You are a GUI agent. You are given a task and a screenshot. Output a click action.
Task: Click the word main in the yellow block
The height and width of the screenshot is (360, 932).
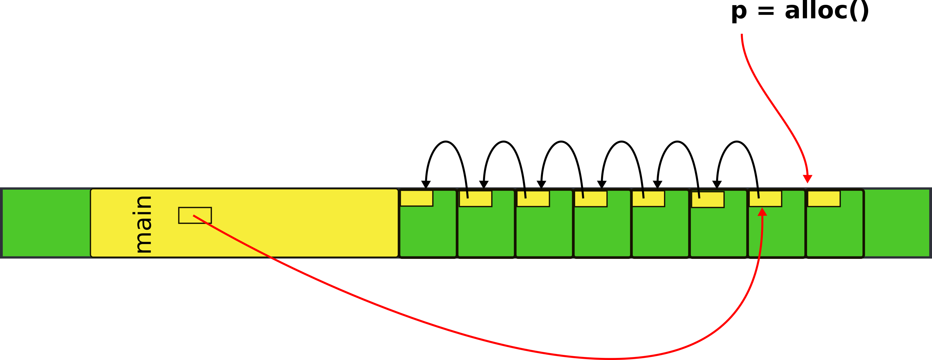[x=143, y=224]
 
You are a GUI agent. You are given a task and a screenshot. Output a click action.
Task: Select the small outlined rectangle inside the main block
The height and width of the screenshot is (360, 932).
[x=195, y=215]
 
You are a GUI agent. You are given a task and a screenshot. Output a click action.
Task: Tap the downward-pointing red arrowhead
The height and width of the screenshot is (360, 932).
[x=808, y=179]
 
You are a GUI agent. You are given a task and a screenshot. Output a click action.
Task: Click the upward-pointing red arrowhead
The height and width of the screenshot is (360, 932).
[x=762, y=212]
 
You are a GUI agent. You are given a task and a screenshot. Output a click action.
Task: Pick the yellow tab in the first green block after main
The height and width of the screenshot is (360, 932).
[x=416, y=198]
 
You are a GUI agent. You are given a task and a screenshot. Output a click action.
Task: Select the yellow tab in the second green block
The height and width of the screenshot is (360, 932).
[x=475, y=199]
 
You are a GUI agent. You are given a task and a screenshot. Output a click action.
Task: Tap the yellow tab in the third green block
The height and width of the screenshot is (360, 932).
[x=533, y=199]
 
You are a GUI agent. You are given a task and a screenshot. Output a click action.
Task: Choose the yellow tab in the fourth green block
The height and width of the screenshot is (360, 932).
[x=591, y=199]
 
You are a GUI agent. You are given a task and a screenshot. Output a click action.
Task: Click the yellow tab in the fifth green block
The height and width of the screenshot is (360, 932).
[x=648, y=199]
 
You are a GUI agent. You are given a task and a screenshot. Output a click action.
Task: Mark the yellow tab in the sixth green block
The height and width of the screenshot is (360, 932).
[x=708, y=199]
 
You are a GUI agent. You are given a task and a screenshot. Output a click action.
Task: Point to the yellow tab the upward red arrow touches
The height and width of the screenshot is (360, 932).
[x=765, y=199]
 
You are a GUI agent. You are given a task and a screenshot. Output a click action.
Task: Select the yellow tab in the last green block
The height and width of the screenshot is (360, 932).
[x=824, y=199]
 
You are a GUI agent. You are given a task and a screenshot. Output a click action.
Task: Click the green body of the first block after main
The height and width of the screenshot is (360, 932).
[x=428, y=231]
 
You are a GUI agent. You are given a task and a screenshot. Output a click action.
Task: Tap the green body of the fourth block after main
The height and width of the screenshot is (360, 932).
[x=602, y=231]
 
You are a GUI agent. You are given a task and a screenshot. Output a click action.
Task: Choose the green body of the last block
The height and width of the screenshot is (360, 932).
[x=835, y=231]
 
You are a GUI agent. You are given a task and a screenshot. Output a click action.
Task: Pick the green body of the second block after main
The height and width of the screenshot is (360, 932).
[x=486, y=231]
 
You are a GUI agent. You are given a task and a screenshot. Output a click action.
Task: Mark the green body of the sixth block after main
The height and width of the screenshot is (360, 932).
[x=718, y=231]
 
